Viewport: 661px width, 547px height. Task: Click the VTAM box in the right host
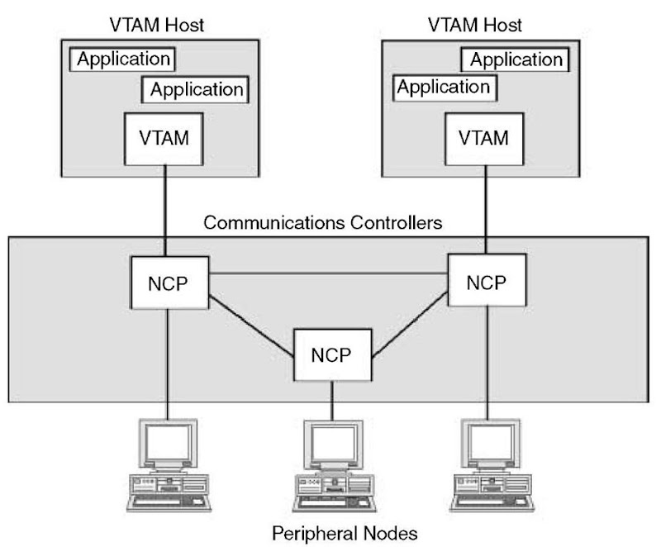(483, 138)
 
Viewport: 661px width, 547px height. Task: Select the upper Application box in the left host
(122, 59)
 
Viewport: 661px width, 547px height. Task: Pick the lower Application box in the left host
(195, 88)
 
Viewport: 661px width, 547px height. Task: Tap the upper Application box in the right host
(516, 59)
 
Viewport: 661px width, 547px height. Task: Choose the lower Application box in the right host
(444, 86)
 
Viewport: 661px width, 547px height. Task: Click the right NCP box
(485, 282)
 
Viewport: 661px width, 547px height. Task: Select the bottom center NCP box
(332, 355)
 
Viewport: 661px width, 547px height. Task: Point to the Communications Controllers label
(323, 223)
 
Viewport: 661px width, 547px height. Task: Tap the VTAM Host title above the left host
(156, 24)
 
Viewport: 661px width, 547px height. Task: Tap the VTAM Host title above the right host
(475, 24)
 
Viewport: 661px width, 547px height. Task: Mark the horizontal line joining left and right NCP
(328, 273)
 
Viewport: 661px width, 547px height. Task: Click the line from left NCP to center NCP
(252, 322)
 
